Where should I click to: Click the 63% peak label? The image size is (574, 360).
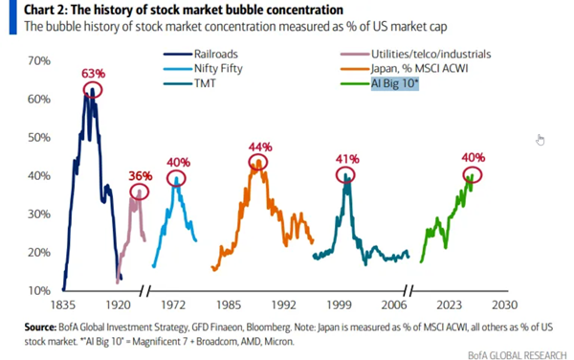(94, 74)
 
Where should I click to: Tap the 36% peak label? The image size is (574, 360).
(141, 176)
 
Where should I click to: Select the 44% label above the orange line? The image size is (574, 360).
(260, 147)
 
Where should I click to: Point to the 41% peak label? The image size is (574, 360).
(347, 159)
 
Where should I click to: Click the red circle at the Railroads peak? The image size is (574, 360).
(83, 90)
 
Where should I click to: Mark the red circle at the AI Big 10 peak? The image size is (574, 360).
(463, 175)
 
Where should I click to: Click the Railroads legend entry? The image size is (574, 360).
(201, 55)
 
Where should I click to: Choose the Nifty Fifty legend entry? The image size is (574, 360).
(203, 69)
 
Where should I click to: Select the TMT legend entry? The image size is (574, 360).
(189, 83)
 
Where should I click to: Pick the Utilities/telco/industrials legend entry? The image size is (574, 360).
(415, 55)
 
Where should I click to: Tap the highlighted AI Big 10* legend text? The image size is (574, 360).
(394, 83)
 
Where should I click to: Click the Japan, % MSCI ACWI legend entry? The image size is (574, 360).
(404, 69)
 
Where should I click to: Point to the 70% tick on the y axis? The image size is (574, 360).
(39, 60)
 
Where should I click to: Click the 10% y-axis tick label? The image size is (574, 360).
(39, 291)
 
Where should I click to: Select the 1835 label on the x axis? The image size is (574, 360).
(63, 305)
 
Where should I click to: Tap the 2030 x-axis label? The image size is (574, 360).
(505, 305)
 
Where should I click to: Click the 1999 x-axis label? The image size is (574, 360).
(339, 305)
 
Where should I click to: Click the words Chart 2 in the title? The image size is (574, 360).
(45, 10)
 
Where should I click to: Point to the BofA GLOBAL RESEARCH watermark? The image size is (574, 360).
(518, 355)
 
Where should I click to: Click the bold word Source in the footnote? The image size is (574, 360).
(40, 327)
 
